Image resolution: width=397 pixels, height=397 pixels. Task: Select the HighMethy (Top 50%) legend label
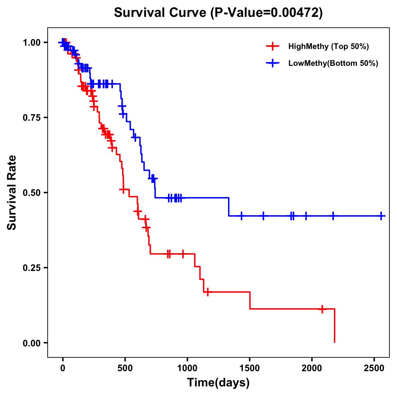pyautogui.click(x=328, y=46)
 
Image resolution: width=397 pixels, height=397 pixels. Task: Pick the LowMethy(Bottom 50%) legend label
pyautogui.click(x=333, y=63)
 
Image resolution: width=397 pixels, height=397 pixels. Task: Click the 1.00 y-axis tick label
pyautogui.click(x=31, y=42)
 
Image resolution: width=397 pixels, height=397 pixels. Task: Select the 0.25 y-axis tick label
pyautogui.click(x=31, y=268)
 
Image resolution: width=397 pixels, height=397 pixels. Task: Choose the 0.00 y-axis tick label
pyautogui.click(x=31, y=343)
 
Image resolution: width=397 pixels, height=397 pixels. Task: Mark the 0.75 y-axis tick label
pyautogui.click(x=31, y=117)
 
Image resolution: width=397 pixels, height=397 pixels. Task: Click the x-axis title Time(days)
pyautogui.click(x=218, y=383)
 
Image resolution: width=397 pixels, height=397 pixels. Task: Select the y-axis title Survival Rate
pyautogui.click(x=12, y=193)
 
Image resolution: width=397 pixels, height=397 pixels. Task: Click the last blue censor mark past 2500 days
pyautogui.click(x=381, y=216)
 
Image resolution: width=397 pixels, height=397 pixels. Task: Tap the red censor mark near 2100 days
pyautogui.click(x=322, y=309)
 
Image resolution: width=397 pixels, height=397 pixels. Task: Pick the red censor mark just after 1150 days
pyautogui.click(x=207, y=292)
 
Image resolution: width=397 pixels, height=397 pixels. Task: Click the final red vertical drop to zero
pyautogui.click(x=334, y=326)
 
